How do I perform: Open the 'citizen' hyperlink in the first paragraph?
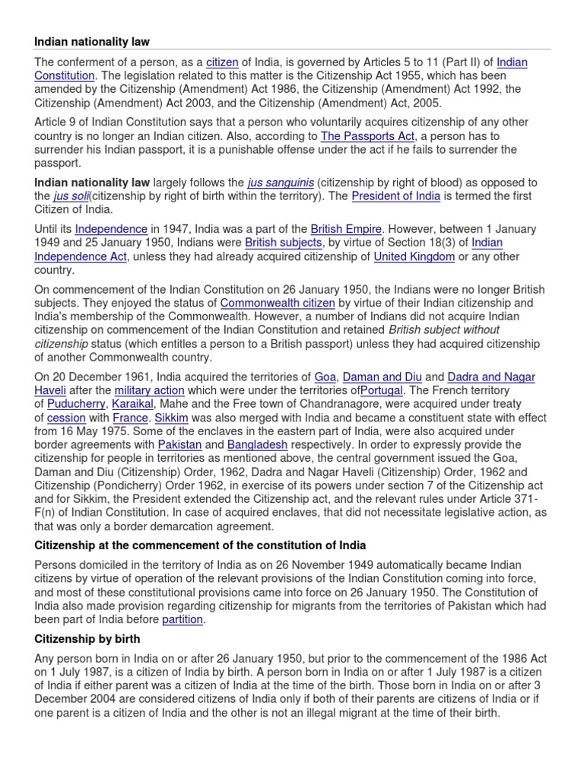coord(223,62)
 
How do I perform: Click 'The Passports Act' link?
coord(368,136)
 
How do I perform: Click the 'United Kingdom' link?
coord(414,256)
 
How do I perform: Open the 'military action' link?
coord(150,391)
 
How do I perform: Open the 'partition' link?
coord(182,619)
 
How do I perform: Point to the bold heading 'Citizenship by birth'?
coord(87,638)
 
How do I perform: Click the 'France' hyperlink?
coord(130,418)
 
